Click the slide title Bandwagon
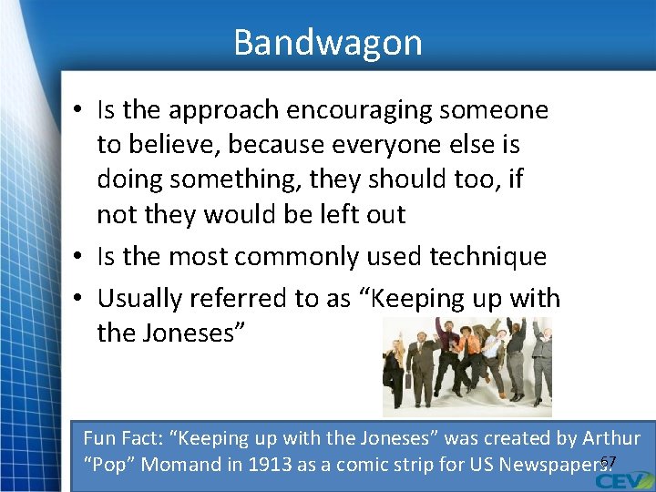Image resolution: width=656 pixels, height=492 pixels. coord(328,43)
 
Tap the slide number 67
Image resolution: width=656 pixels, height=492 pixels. coord(609,462)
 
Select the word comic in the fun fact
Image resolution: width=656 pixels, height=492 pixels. coord(365,464)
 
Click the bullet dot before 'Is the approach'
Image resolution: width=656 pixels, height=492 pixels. coord(80,111)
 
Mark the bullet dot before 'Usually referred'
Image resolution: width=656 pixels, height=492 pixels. coord(80,300)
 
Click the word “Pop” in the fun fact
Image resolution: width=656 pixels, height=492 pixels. coord(108,464)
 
